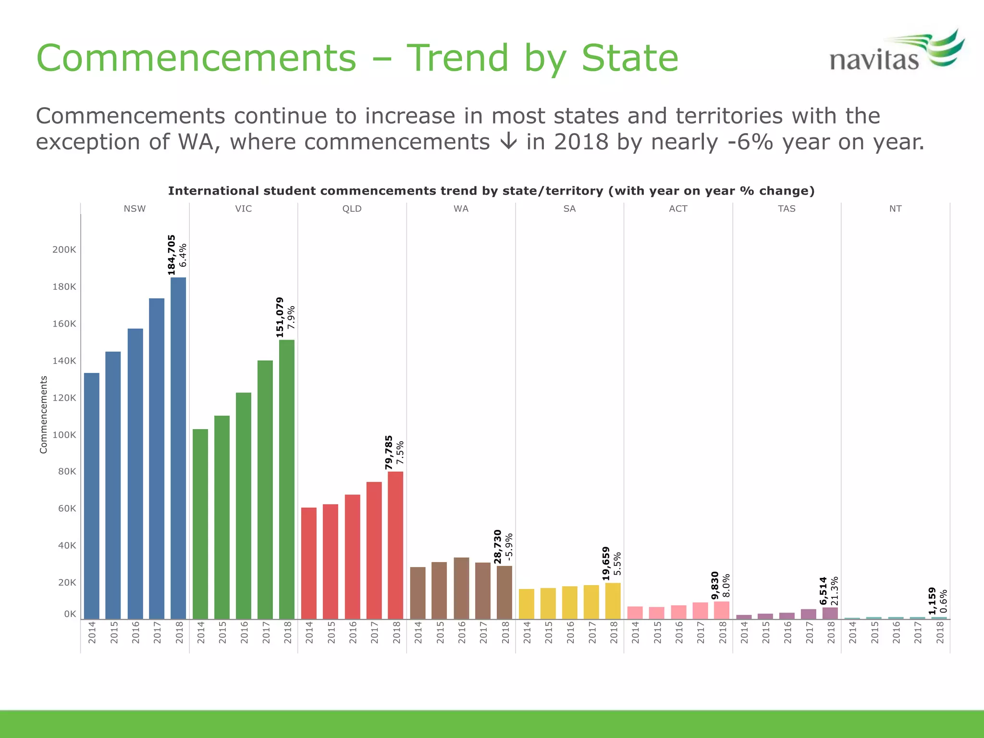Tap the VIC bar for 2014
(x=200, y=524)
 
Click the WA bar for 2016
(x=461, y=588)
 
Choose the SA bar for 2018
(x=613, y=601)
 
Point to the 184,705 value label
(x=172, y=255)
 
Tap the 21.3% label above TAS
(x=835, y=591)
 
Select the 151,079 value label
(x=280, y=317)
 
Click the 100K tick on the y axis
(x=64, y=435)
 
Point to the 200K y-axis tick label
(x=64, y=249)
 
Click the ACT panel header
(x=678, y=209)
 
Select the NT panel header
(x=895, y=209)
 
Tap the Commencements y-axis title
(x=44, y=414)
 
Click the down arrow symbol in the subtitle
(x=508, y=142)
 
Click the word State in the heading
(x=629, y=58)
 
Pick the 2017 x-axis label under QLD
(x=374, y=632)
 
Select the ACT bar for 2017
(x=700, y=610)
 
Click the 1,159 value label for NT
(x=932, y=601)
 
